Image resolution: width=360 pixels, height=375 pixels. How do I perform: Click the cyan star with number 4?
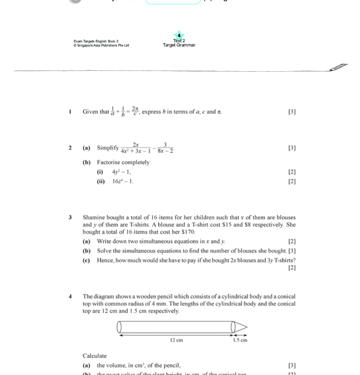point(179,35)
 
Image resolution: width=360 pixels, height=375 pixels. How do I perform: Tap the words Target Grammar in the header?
point(179,45)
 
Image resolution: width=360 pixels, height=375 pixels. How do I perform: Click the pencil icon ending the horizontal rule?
point(339,67)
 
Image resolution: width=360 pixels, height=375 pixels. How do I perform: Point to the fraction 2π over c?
point(135,111)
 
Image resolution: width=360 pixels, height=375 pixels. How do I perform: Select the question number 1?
point(70,112)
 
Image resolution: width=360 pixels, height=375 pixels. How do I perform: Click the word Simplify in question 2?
point(108,148)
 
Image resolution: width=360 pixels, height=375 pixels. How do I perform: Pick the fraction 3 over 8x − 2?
point(165,148)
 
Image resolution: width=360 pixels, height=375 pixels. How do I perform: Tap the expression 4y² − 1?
point(121,172)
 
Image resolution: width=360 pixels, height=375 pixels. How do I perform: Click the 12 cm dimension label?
point(176,340)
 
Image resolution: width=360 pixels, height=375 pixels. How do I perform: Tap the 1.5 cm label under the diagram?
point(240,340)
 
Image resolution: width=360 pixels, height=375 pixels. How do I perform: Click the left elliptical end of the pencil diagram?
point(120,327)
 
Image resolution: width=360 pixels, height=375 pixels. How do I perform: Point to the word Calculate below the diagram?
point(94,356)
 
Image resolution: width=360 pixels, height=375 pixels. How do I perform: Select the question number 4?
point(70,297)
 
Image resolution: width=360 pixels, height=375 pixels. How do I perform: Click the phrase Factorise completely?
point(123,162)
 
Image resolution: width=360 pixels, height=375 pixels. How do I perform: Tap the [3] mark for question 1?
point(292,112)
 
